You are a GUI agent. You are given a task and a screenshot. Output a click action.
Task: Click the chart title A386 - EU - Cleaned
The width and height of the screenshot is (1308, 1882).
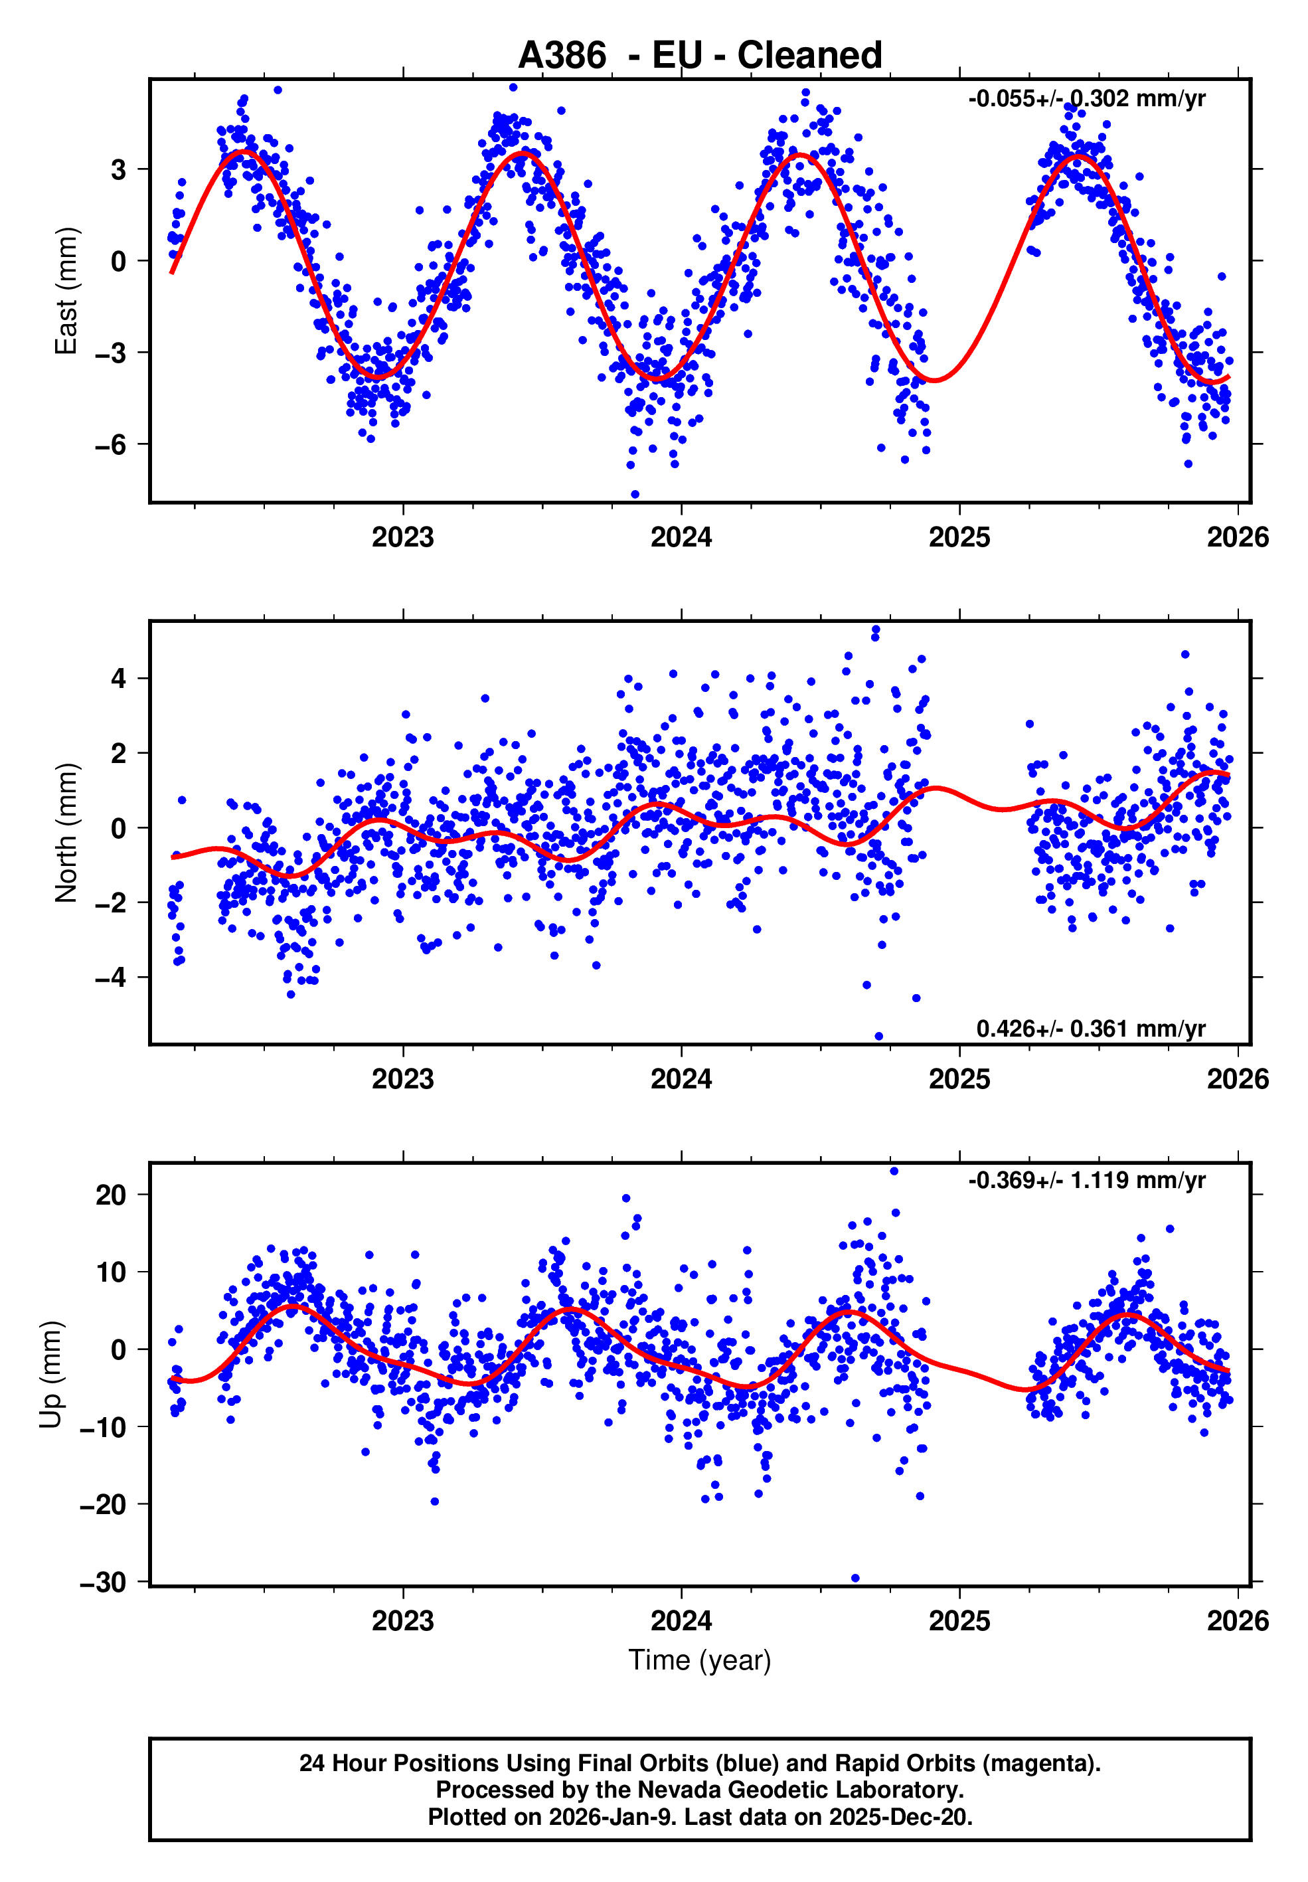pos(700,56)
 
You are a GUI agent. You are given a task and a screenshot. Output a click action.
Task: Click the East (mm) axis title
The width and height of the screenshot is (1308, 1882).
pos(66,291)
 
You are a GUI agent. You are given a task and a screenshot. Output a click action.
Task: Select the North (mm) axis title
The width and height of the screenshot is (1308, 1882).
pos(66,833)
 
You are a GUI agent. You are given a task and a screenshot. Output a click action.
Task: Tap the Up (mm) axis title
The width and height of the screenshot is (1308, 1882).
pos(51,1375)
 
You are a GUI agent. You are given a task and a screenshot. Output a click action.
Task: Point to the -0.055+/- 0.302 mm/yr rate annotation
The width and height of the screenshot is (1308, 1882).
pos(1087,99)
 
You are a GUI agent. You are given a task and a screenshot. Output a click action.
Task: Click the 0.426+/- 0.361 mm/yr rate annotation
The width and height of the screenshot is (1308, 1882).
pos(1091,1029)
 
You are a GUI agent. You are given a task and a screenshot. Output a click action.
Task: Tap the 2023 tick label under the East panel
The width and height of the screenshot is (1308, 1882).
pos(403,538)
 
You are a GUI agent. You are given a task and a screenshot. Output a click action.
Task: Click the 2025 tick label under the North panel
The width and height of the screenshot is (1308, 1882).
pos(959,1080)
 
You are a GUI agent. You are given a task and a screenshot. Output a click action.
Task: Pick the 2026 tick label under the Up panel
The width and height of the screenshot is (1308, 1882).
pos(1238,1621)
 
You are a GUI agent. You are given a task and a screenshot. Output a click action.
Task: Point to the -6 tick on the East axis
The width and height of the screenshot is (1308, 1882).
pos(111,445)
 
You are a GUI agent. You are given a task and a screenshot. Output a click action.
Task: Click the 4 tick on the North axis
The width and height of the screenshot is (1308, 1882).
pos(120,679)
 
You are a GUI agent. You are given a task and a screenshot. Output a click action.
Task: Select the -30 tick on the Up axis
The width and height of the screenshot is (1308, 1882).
pos(104,1582)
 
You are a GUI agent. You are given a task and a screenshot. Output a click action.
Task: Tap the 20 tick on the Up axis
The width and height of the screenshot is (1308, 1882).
pos(111,1195)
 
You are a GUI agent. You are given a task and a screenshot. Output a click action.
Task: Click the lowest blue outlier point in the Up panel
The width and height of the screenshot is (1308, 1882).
pos(856,1578)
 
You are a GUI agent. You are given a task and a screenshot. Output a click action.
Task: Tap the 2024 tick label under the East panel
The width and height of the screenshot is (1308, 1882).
pos(681,538)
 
